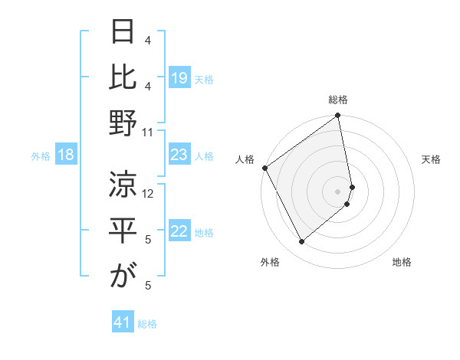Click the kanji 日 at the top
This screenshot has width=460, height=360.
pyautogui.click(x=123, y=32)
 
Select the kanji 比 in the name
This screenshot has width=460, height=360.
pyautogui.click(x=123, y=77)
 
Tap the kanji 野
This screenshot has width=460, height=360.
pyautogui.click(x=123, y=123)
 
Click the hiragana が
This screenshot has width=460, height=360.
pyautogui.click(x=123, y=277)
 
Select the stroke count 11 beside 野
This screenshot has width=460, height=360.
pyautogui.click(x=149, y=133)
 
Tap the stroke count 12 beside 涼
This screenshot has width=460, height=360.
pyautogui.click(x=149, y=194)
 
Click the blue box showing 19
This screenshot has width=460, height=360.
pyautogui.click(x=179, y=77)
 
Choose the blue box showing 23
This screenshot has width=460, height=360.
pyautogui.click(x=179, y=155)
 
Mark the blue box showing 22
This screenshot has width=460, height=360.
pyautogui.click(x=179, y=231)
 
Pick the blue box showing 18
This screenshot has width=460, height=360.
pyautogui.click(x=66, y=155)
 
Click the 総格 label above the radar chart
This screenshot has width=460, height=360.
pyautogui.click(x=338, y=100)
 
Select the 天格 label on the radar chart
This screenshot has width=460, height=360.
pyautogui.click(x=431, y=159)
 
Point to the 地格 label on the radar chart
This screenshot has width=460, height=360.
pyautogui.click(x=402, y=262)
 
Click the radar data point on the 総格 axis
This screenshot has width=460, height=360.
pyautogui.click(x=337, y=116)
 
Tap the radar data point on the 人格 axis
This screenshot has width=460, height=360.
pyautogui.click(x=264, y=168)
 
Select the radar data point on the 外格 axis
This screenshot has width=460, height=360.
pyautogui.click(x=301, y=241)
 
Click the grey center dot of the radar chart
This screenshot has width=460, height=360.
pyautogui.click(x=338, y=191)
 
